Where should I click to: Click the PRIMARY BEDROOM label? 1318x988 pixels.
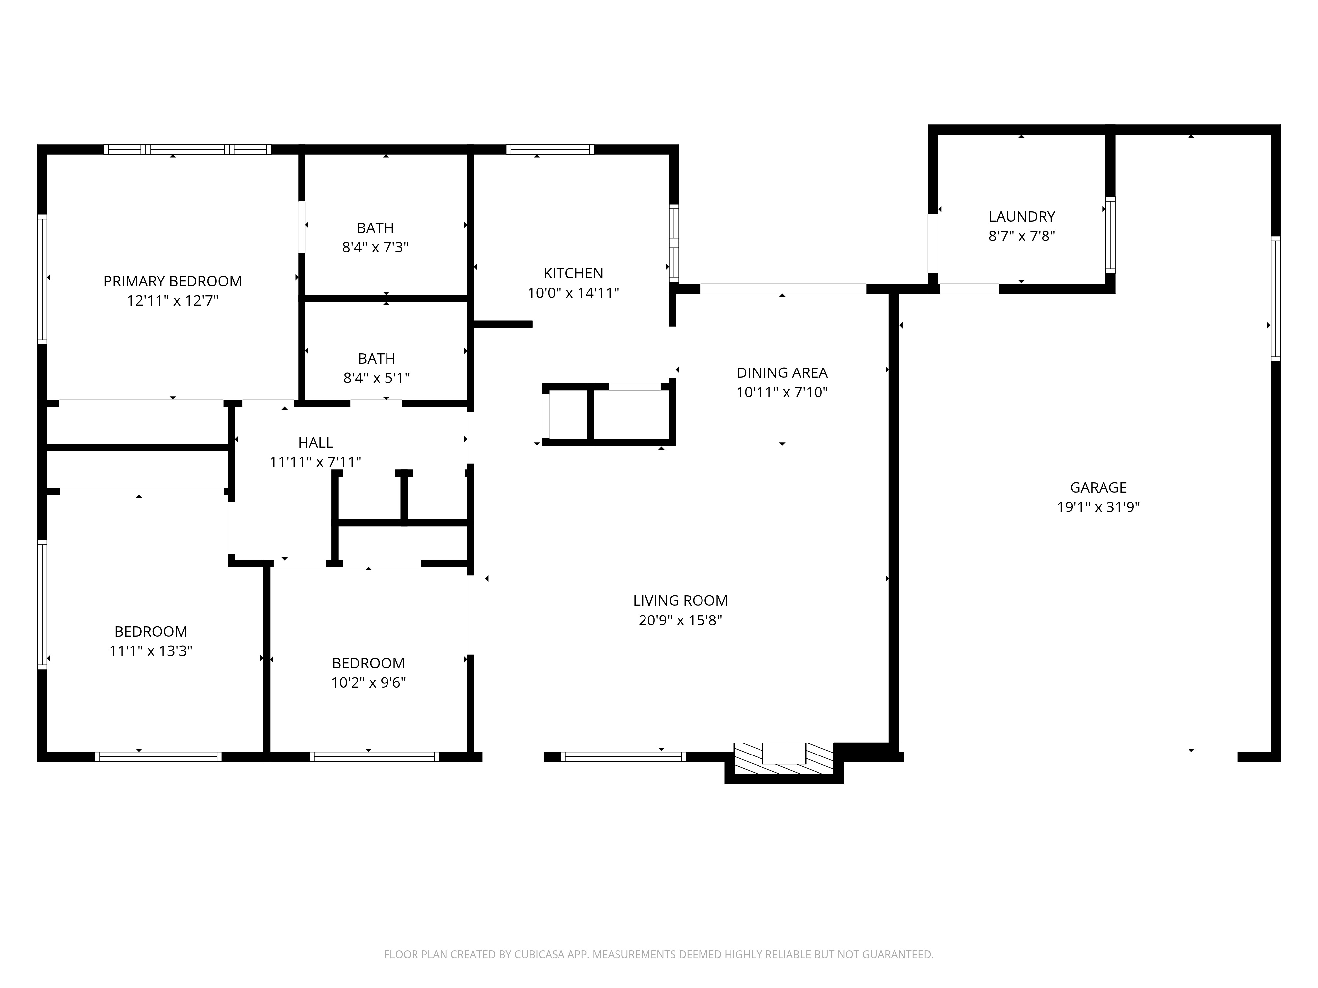pos(172,281)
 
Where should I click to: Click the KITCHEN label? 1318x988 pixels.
pos(573,273)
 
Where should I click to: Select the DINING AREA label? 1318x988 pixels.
pos(782,373)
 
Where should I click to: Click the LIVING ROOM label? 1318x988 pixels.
pos(680,601)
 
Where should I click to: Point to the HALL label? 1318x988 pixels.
pos(315,443)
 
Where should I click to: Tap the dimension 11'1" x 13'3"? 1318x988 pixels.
pos(151,651)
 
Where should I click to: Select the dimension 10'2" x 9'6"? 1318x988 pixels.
pos(368,682)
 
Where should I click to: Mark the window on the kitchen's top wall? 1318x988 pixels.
pos(550,150)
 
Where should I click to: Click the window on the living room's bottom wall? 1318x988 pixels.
pos(623,757)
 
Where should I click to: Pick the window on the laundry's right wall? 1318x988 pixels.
pos(1110,235)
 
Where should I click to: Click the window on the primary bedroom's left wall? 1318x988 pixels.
pos(42,279)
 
